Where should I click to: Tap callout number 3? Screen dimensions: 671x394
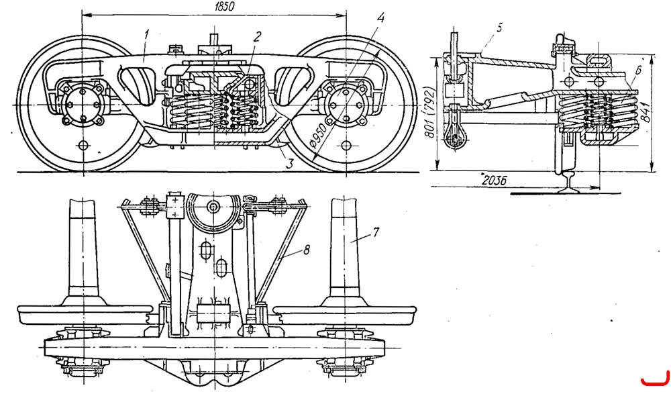coord(290,162)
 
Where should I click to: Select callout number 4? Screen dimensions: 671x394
coord(380,18)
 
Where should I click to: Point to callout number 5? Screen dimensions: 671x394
coord(499,28)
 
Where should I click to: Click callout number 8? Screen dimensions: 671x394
coord(306,250)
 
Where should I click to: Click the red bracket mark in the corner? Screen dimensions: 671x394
coord(656,382)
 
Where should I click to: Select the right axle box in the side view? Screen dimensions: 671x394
coord(346,105)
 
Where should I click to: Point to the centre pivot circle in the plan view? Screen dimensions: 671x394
coord(213,207)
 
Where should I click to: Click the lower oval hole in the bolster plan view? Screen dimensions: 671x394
coord(221,268)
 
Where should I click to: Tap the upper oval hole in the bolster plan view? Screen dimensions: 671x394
coord(206,251)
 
